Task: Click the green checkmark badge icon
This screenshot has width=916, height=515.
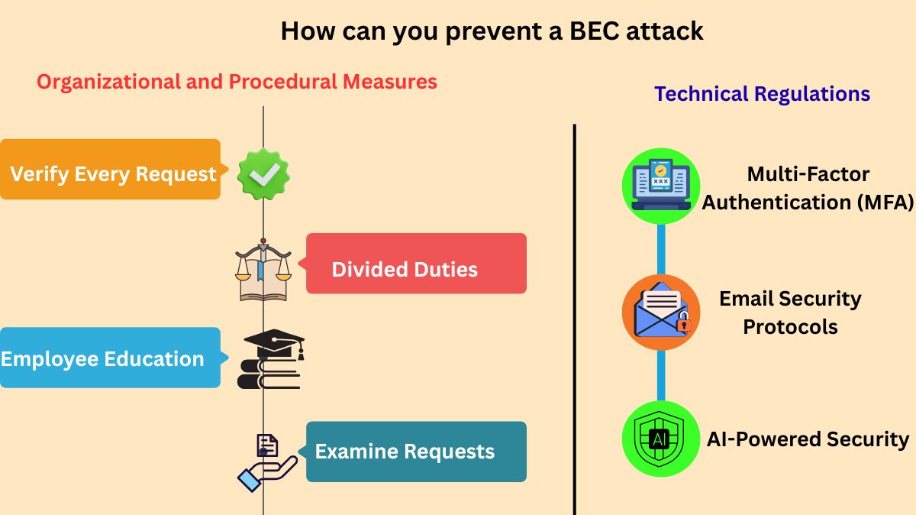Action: coord(263,175)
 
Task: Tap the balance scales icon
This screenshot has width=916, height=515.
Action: coord(263,270)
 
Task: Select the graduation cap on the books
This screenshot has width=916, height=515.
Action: coord(273,345)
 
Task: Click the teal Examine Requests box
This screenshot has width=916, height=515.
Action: coord(416,452)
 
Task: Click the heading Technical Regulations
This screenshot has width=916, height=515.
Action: coord(762,94)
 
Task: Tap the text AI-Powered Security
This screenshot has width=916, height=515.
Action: coord(808,439)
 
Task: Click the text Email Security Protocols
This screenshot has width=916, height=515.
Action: coord(790,313)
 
